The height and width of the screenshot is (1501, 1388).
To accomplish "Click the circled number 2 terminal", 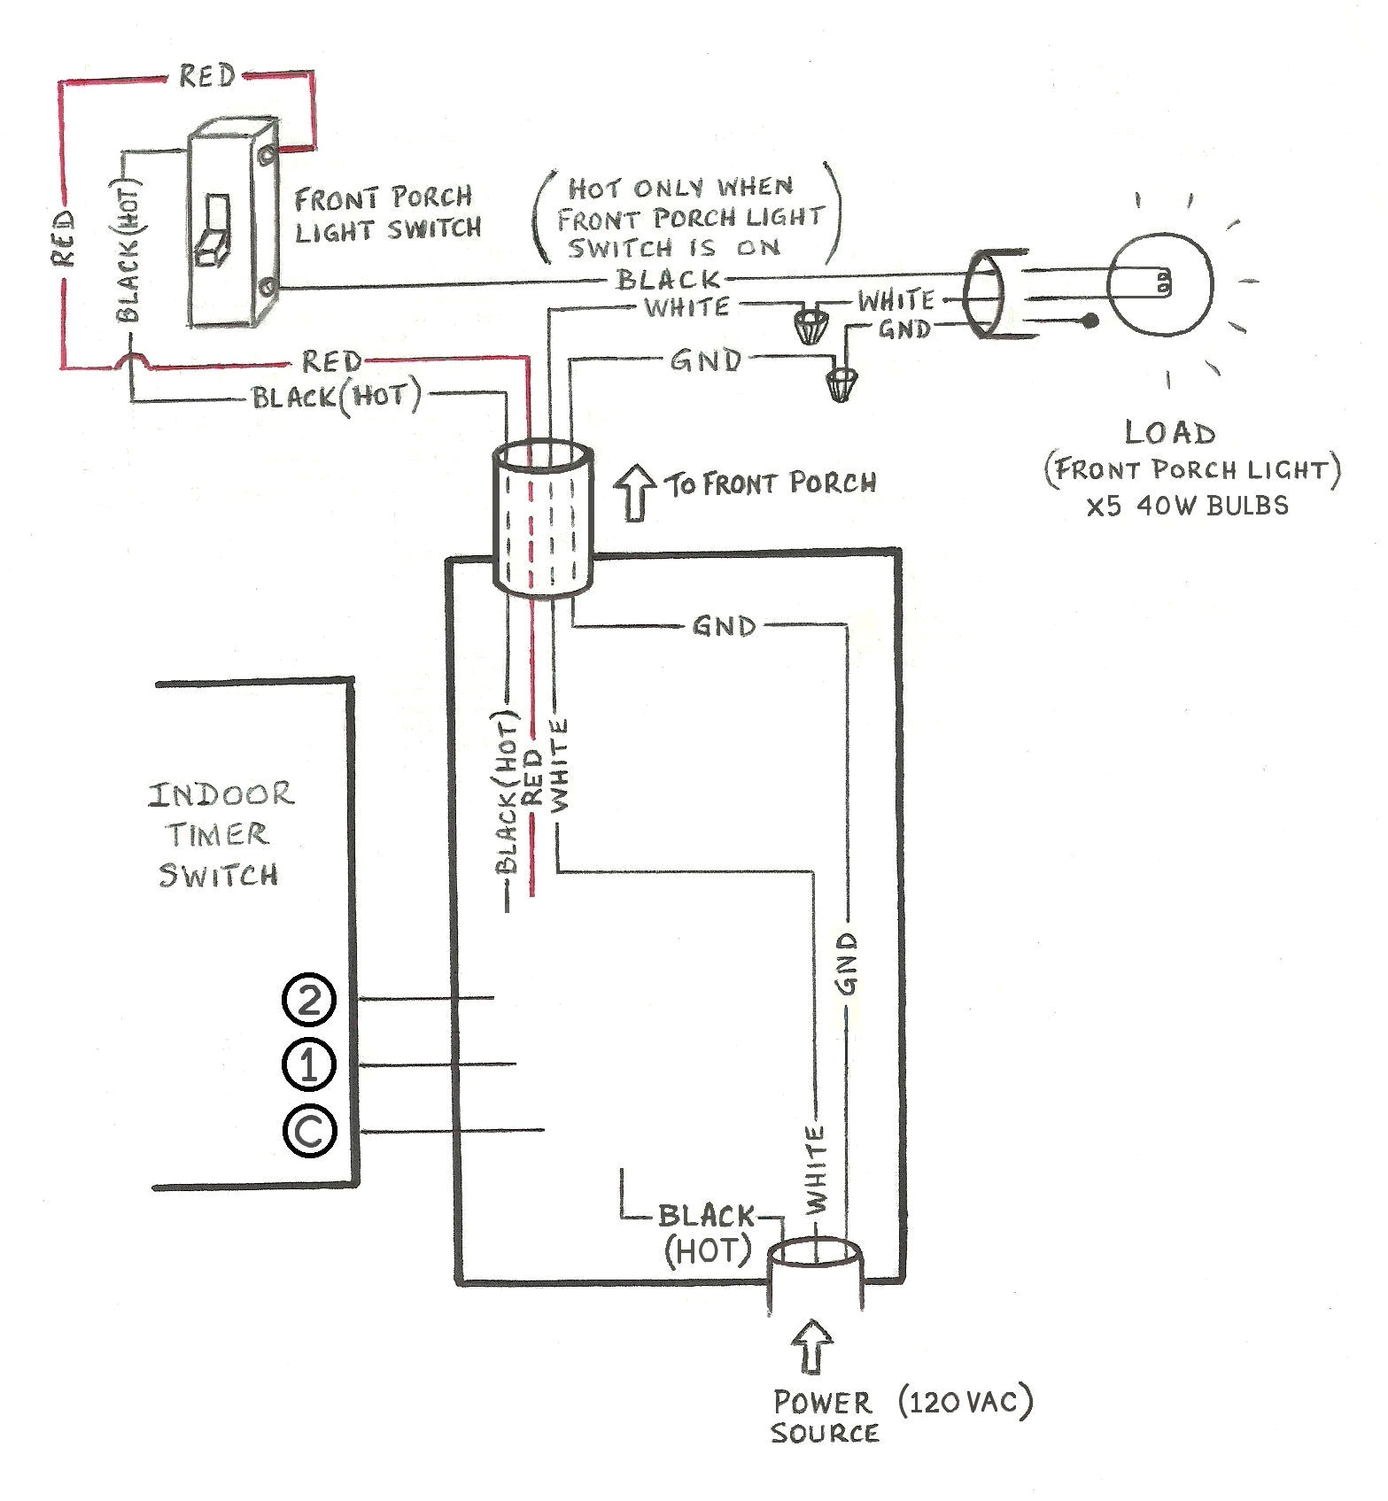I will tap(308, 1001).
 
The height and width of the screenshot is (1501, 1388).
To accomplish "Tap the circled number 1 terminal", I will tap(308, 1065).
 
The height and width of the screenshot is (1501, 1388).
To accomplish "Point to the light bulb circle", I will tap(1160, 284).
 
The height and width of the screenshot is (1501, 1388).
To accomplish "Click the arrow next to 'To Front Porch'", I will tap(634, 491).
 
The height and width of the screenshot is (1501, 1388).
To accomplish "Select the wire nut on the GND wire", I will tap(841, 383).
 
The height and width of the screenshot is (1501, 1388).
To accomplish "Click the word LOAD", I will tap(1169, 433).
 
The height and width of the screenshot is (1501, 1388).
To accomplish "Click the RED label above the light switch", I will tap(207, 76).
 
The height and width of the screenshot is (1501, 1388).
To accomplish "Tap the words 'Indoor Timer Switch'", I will tap(219, 834).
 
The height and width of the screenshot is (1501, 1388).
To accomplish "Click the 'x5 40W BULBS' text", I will tap(1187, 506).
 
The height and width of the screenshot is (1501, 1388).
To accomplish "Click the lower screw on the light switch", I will tap(267, 287).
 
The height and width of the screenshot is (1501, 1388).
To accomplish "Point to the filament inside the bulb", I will tap(1162, 283).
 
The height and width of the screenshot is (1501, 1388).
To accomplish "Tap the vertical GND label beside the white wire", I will tap(848, 963).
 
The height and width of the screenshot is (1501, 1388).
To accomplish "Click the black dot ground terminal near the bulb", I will tap(1090, 321).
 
